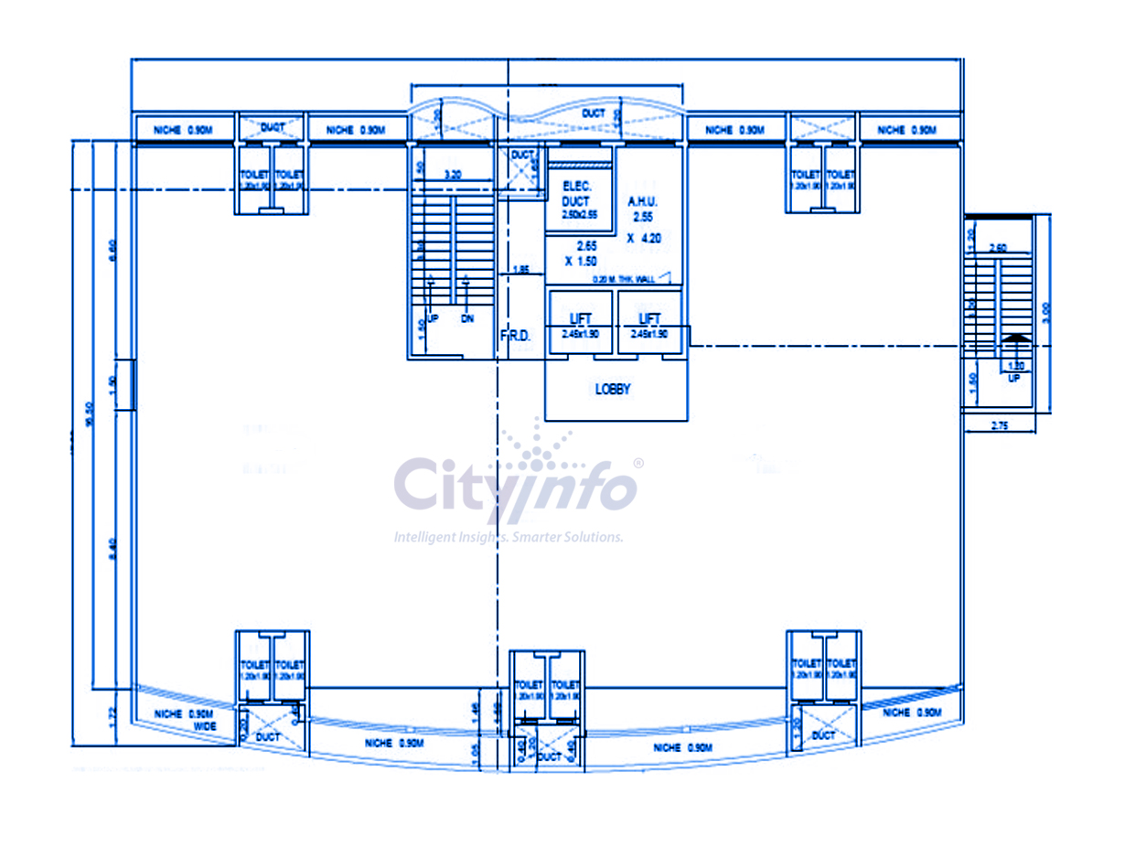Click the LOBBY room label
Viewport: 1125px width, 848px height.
tap(613, 389)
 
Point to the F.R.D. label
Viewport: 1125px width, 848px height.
tap(515, 337)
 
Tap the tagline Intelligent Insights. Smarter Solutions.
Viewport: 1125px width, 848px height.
tap(509, 537)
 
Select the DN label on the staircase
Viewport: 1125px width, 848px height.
tap(467, 319)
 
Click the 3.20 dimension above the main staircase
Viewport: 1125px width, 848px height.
tap(452, 173)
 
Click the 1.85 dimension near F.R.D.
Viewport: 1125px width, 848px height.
tap(521, 269)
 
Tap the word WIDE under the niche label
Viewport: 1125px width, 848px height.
tap(205, 726)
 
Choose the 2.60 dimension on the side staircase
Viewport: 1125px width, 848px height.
tap(999, 248)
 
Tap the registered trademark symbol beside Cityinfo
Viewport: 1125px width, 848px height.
tap(638, 464)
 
